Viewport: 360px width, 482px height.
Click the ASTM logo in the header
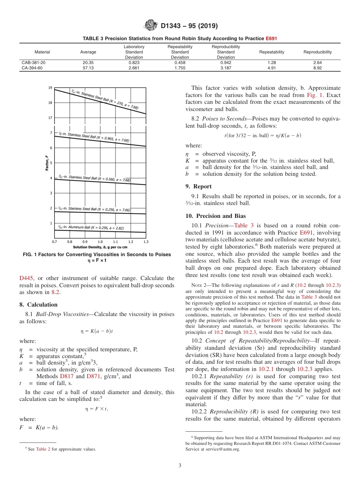151,26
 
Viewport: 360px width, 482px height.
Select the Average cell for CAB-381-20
88,63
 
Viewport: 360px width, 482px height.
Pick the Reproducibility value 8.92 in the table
317,68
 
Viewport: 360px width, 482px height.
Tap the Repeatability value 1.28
271,63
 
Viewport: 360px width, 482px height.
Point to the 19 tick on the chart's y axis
50,88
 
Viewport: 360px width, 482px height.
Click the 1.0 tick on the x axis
100,241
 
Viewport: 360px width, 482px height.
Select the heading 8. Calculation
38,305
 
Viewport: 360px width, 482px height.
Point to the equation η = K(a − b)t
97,331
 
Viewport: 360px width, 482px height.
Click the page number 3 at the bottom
180,465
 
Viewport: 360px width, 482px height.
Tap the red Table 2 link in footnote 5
44,449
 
